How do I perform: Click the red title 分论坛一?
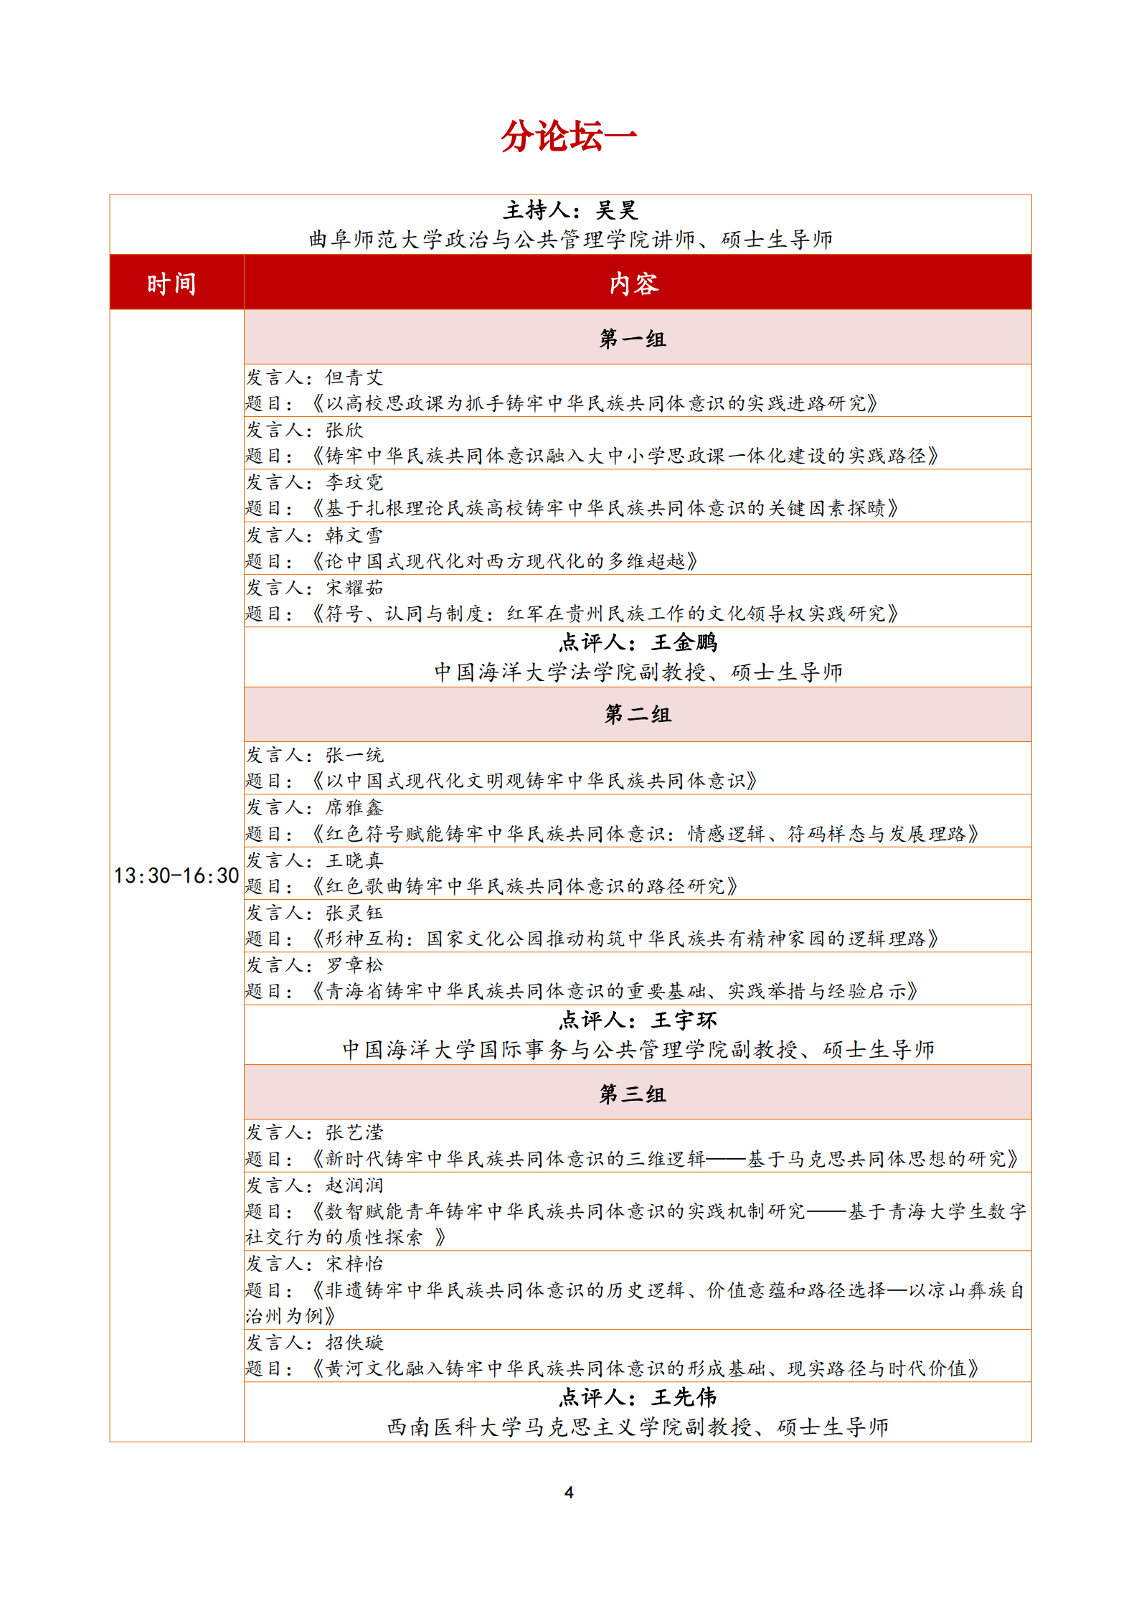coord(569,136)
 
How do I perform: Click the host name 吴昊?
coord(616,210)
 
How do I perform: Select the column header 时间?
coord(172,284)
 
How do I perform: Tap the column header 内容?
coord(634,284)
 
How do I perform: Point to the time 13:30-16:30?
coord(176,875)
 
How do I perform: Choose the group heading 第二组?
coord(638,714)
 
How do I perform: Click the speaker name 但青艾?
coord(354,377)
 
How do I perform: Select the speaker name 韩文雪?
coord(354,535)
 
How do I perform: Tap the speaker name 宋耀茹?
coord(354,588)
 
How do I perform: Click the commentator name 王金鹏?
coord(684,642)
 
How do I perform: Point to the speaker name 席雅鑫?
coord(354,807)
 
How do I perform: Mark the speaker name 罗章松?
coord(354,965)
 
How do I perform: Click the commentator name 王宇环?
coord(684,1020)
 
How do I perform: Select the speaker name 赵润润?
coord(354,1185)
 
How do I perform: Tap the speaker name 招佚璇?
coord(354,1343)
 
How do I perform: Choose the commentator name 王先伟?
coord(684,1397)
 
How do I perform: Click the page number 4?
coord(569,1493)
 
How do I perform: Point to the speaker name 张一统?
coord(354,755)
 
